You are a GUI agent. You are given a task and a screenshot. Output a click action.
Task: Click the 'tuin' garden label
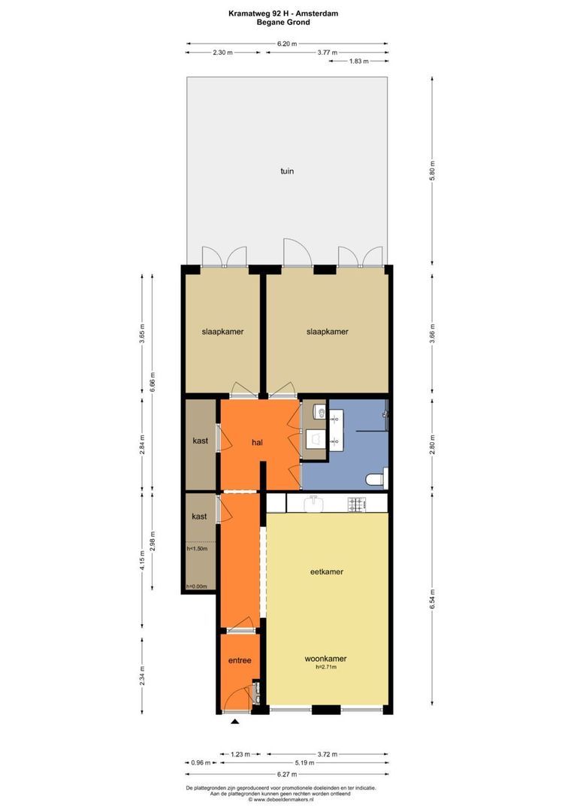tap(287, 171)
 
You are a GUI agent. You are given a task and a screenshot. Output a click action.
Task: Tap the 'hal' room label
tap(258, 442)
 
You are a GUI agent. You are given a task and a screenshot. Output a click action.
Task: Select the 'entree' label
tap(240, 660)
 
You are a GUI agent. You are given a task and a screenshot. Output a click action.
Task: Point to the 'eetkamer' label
tap(327, 571)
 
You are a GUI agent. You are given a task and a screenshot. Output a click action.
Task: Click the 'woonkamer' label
tap(326, 658)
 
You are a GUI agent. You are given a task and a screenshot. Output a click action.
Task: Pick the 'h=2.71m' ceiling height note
tap(326, 667)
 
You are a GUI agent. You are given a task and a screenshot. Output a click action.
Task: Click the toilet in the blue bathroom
tap(376, 479)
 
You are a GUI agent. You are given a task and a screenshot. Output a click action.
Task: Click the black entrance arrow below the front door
tap(234, 723)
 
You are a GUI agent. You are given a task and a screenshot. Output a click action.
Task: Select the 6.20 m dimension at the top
tap(286, 44)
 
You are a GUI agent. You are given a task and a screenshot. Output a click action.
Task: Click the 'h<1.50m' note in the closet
tap(197, 549)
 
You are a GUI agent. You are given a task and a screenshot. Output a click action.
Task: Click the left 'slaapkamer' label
tap(222, 332)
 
